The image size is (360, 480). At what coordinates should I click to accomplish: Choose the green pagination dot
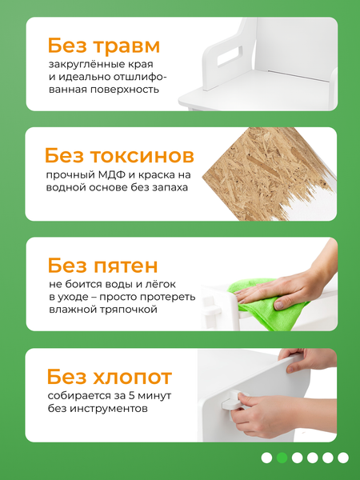(x=281, y=458)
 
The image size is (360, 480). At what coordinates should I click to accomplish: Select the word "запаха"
(x=166, y=188)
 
